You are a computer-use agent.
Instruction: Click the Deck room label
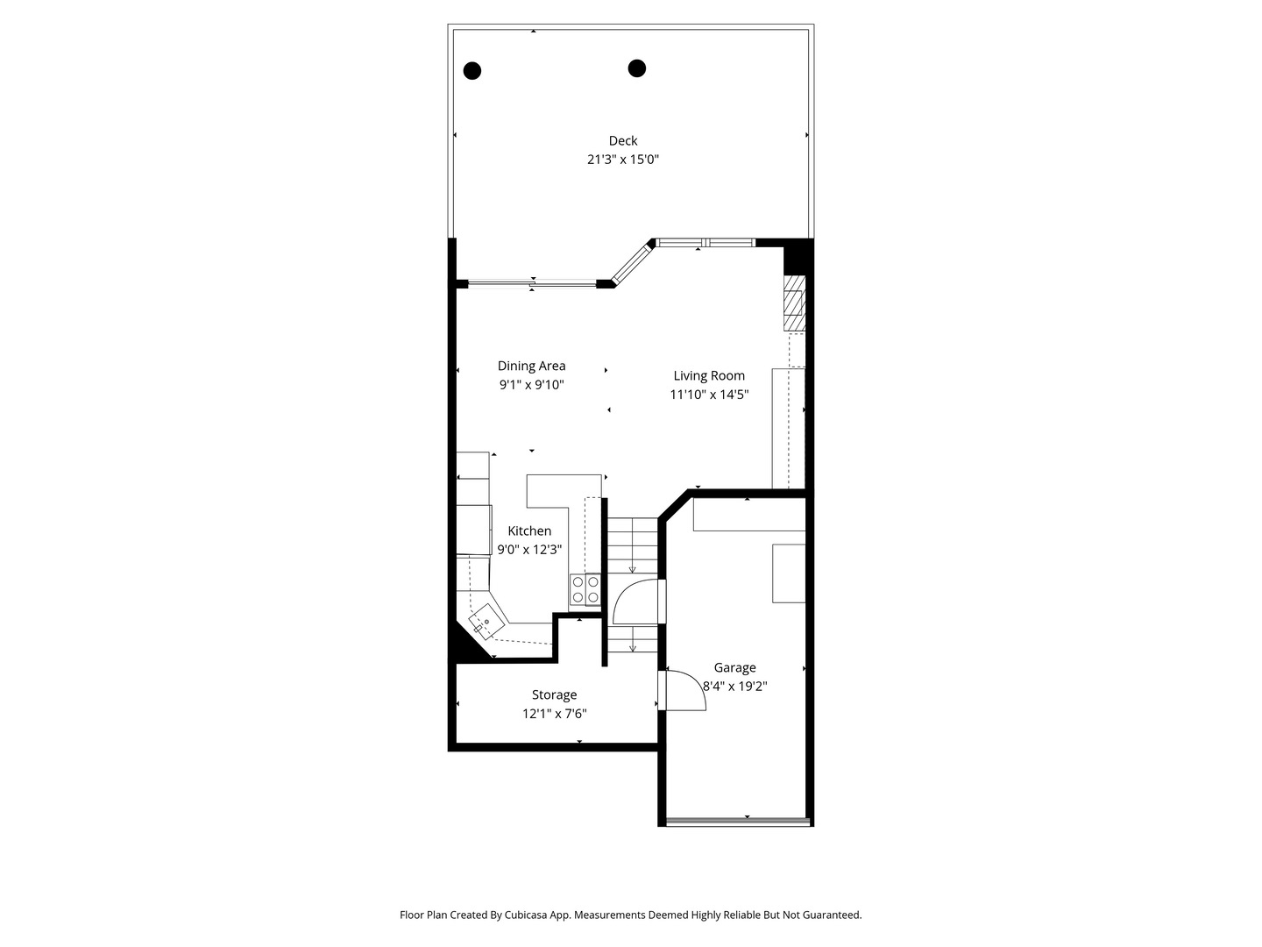[622, 140]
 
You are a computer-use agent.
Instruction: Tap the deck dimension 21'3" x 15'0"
[622, 160]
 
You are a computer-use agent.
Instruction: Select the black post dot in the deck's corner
[472, 71]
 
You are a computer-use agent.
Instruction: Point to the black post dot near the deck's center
[636, 68]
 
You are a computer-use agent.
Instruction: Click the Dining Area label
[531, 366]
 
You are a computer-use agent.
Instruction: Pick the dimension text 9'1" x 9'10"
[531, 385]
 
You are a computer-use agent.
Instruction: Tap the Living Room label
[709, 376]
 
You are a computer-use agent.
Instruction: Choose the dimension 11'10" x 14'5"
[709, 395]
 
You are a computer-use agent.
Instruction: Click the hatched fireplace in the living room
[794, 303]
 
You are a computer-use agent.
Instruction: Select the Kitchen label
[529, 530]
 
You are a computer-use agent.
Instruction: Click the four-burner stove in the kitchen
[585, 589]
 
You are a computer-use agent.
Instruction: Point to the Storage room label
[554, 694]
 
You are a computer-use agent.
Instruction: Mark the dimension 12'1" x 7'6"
[554, 714]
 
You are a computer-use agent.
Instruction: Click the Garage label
[734, 667]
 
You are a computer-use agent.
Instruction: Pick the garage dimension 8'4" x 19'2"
[734, 686]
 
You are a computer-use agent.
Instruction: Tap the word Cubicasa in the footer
[527, 915]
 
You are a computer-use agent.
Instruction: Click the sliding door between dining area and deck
[532, 283]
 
